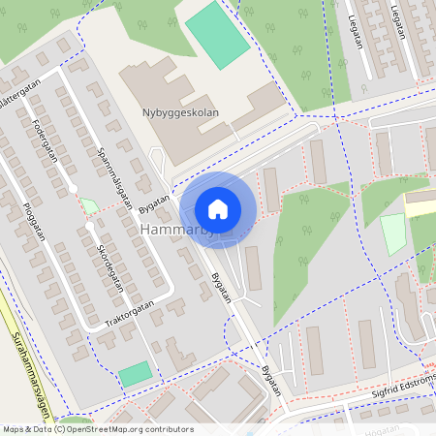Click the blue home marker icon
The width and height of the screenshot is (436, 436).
point(218,209)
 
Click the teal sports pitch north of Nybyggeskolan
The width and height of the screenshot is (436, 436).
point(217,34)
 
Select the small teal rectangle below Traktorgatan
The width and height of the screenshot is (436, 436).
point(136,373)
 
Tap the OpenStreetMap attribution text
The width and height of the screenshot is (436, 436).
point(97,429)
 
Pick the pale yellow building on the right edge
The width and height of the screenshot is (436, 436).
point(420,204)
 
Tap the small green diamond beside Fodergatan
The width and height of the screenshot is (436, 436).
point(88,205)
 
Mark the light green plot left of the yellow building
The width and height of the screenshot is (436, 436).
point(392,234)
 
